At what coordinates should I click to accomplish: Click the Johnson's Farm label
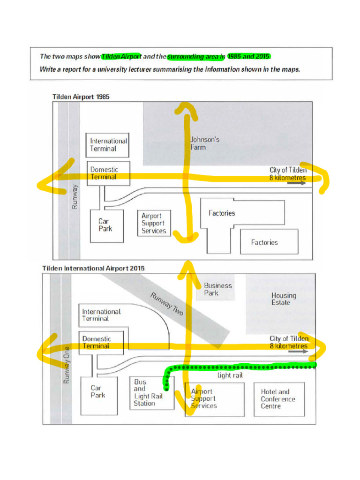205,143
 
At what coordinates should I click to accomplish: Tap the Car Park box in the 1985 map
106,225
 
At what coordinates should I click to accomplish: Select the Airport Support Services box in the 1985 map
154,223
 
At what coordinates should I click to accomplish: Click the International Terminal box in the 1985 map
108,145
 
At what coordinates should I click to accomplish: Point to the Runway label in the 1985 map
75,196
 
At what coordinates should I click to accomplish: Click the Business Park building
217,289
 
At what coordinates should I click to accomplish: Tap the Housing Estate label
284,299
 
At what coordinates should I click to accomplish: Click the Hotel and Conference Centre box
278,399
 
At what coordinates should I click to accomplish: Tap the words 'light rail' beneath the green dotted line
230,375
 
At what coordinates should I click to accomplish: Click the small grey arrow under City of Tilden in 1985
296,183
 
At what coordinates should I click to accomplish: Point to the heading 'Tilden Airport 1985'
81,97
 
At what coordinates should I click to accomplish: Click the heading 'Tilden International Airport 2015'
93,269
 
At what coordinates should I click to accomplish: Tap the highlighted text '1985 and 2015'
248,56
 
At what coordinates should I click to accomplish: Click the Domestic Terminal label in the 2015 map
97,342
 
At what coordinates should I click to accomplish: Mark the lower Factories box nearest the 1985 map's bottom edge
269,242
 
